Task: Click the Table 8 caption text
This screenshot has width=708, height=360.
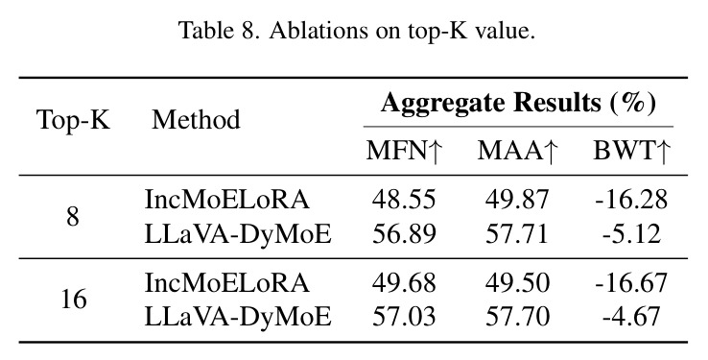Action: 357,31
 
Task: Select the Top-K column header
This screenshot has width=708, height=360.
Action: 73,120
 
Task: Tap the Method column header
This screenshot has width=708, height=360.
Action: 196,120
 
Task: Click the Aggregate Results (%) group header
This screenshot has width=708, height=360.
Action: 518,103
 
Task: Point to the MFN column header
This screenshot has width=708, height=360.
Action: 403,151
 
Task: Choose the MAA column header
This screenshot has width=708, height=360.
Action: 517,151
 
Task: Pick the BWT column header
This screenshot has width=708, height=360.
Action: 631,151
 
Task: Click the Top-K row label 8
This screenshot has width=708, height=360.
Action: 73,217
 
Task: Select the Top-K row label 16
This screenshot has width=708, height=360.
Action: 74,299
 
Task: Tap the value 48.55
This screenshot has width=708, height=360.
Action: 404,199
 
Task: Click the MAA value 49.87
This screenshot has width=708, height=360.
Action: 517,199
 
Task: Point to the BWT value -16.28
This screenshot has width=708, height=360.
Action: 631,199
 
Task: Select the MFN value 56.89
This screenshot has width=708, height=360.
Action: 404,234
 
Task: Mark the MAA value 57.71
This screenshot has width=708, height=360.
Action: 517,234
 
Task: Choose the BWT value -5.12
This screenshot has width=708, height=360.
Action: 631,234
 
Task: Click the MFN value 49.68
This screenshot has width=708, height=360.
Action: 404,283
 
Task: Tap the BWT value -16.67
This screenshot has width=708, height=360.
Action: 631,283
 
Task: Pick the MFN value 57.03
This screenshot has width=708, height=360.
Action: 404,316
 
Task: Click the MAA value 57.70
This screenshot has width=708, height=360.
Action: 517,316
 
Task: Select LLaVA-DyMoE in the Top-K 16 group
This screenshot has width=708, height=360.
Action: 238,317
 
